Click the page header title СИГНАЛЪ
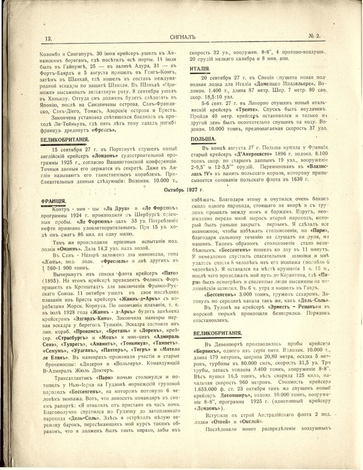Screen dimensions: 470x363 (180, 39)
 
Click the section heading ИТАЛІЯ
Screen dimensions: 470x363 (199, 69)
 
